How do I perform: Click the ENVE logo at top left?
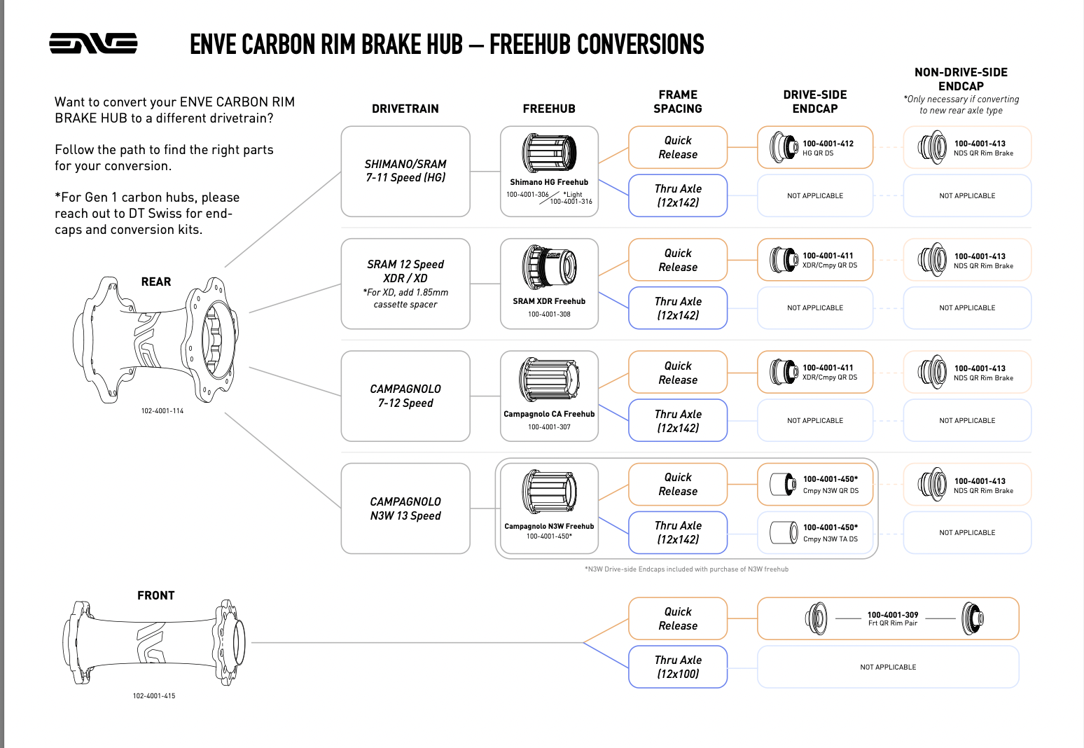coord(93,43)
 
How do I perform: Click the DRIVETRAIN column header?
coord(405,109)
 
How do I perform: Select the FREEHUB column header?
coord(549,109)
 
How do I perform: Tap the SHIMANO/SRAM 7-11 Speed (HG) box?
coord(405,171)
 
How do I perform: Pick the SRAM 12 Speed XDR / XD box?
coord(405,284)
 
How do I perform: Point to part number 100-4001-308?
coord(549,314)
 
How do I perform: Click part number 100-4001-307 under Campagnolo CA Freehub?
coord(549,427)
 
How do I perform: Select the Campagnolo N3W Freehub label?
coord(549,526)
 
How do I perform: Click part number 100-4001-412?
coord(828,144)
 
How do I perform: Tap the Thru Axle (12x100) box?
coord(678,667)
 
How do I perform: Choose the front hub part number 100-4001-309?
coord(893,615)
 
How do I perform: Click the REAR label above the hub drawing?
coord(156,282)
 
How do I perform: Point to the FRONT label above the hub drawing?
coord(156,595)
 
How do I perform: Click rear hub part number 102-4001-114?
coord(162,411)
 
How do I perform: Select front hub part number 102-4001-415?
coord(154,696)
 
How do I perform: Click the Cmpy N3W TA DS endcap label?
coord(831,539)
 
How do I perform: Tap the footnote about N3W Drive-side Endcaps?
coord(686,569)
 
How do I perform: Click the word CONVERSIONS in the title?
coord(597,45)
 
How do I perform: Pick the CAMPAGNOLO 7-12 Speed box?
coord(405,396)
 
